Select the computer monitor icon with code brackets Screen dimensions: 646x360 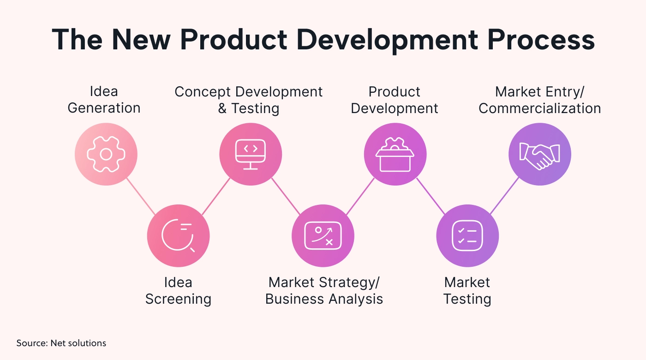pos(250,154)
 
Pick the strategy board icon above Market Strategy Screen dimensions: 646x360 pos(323,236)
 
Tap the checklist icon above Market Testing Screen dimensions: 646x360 pos(467,236)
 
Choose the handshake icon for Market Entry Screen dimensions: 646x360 pos(539,155)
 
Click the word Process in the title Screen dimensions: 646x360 pos(541,40)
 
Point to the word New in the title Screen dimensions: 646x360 pos(141,40)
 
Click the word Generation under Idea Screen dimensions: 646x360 pos(104,108)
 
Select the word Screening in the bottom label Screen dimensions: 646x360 pos(178,299)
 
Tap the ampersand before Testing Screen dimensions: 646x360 pos(222,108)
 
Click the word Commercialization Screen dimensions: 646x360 pos(539,108)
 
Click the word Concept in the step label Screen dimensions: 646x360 pos(203,92)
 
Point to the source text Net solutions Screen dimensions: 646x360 pos(78,343)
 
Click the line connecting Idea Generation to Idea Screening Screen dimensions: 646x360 pos(141,196)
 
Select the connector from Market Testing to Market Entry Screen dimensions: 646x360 pos(504,196)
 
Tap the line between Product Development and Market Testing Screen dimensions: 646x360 pos(431,196)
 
